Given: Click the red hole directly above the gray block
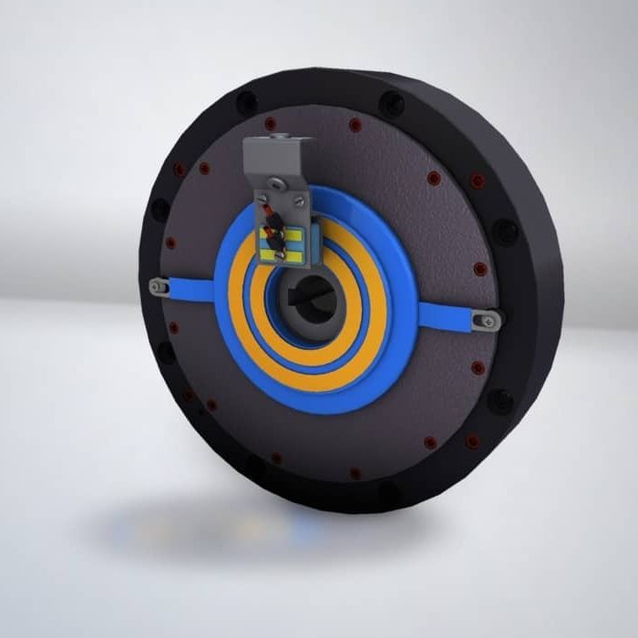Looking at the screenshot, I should coord(271,123).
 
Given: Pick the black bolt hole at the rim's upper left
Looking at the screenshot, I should coord(245,102).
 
